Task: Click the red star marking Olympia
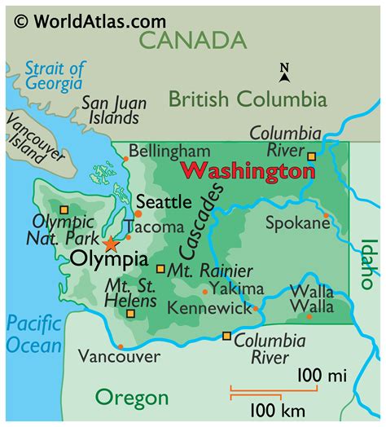(111, 243)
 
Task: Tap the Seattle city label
(163, 200)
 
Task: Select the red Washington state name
(247, 172)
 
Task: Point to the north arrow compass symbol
(283, 73)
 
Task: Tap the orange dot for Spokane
(326, 216)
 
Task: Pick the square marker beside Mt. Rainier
(160, 269)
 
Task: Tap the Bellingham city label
(169, 151)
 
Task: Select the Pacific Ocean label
(33, 334)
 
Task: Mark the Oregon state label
(131, 398)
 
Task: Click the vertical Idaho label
(369, 262)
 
